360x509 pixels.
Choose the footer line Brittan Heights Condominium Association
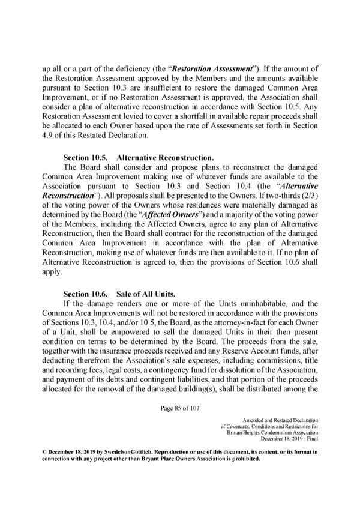click(273, 433)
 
